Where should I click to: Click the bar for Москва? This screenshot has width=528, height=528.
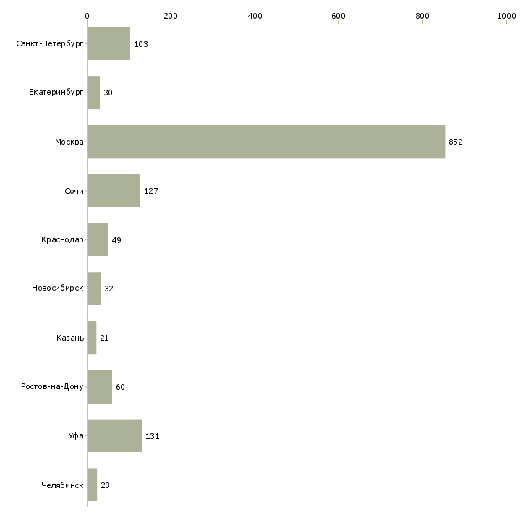[266, 142]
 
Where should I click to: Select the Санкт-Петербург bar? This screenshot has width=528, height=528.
[108, 43]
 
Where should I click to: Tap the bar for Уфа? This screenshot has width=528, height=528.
[114, 435]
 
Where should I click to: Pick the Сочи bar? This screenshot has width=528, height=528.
[114, 191]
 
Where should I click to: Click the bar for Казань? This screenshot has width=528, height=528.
[92, 338]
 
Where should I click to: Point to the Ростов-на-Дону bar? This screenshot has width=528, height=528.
[100, 387]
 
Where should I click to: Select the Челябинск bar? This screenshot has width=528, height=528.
[93, 485]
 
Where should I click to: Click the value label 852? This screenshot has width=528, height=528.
[456, 142]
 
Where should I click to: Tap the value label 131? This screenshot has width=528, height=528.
[152, 436]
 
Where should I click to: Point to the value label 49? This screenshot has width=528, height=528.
[116, 240]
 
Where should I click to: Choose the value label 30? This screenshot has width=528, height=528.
[108, 93]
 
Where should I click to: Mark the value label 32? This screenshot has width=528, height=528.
[108, 289]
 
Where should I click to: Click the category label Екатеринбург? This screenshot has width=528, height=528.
[56, 93]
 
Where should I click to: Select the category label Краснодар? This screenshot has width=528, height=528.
[62, 239]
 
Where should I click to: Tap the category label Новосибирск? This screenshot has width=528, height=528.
[58, 289]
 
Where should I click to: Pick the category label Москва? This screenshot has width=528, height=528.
[69, 142]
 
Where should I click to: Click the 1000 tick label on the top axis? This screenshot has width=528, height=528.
[506, 16]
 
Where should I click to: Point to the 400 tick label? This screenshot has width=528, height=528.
[255, 16]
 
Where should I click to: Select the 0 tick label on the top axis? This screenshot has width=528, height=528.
[88, 16]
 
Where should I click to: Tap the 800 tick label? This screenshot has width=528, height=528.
[422, 16]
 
